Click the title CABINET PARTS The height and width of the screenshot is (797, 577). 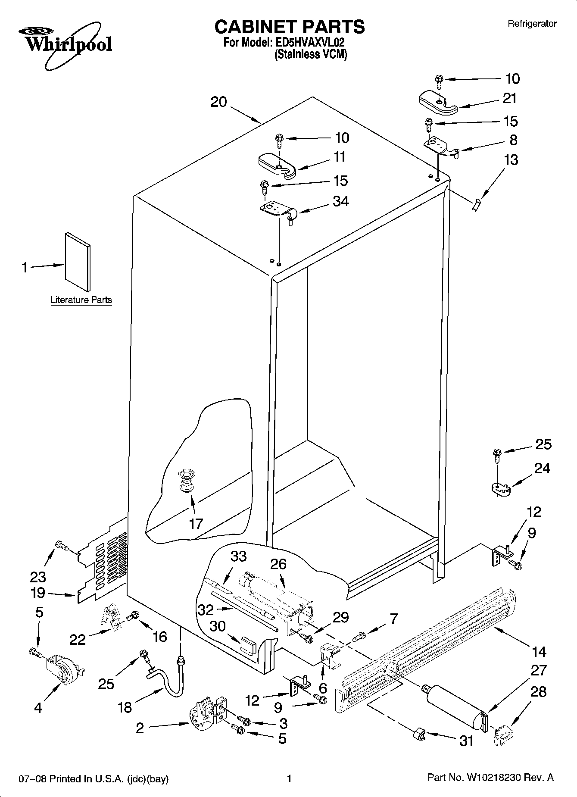289,27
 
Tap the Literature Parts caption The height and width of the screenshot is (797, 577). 81,300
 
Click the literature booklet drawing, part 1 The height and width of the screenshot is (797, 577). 78,262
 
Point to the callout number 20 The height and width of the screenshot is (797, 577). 218,102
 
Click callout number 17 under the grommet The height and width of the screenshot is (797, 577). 196,524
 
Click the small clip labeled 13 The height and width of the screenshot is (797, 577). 476,205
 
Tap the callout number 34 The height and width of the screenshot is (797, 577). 340,201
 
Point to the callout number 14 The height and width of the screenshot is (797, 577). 539,651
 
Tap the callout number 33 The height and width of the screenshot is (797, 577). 238,556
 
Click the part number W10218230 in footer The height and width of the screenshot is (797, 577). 493,778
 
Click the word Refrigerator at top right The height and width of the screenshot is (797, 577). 532,24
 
